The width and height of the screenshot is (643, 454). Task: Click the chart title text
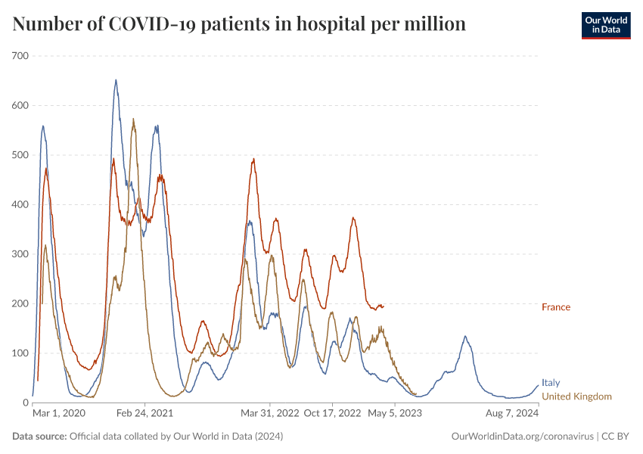(x=239, y=24)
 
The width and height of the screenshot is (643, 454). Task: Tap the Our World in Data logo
(x=605, y=25)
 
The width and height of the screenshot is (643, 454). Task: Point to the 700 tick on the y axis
(x=20, y=56)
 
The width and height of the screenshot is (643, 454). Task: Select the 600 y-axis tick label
(x=20, y=105)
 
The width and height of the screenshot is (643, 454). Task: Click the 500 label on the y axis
(x=20, y=155)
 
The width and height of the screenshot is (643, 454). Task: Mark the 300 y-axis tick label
(x=20, y=254)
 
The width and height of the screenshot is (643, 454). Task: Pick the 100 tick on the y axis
(x=20, y=353)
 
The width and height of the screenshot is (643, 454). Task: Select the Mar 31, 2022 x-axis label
(x=270, y=414)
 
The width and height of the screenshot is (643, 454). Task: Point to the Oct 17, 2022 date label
(x=332, y=414)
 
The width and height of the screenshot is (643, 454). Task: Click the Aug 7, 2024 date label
(x=512, y=414)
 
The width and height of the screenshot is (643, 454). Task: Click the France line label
(x=556, y=307)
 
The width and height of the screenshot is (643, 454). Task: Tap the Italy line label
(x=551, y=384)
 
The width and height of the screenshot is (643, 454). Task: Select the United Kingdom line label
(x=576, y=396)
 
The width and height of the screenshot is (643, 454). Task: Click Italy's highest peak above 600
(x=116, y=80)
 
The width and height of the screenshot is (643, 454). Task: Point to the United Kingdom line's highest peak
(x=133, y=120)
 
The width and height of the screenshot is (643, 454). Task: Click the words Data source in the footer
(x=39, y=437)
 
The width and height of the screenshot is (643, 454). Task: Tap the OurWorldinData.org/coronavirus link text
(x=522, y=437)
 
